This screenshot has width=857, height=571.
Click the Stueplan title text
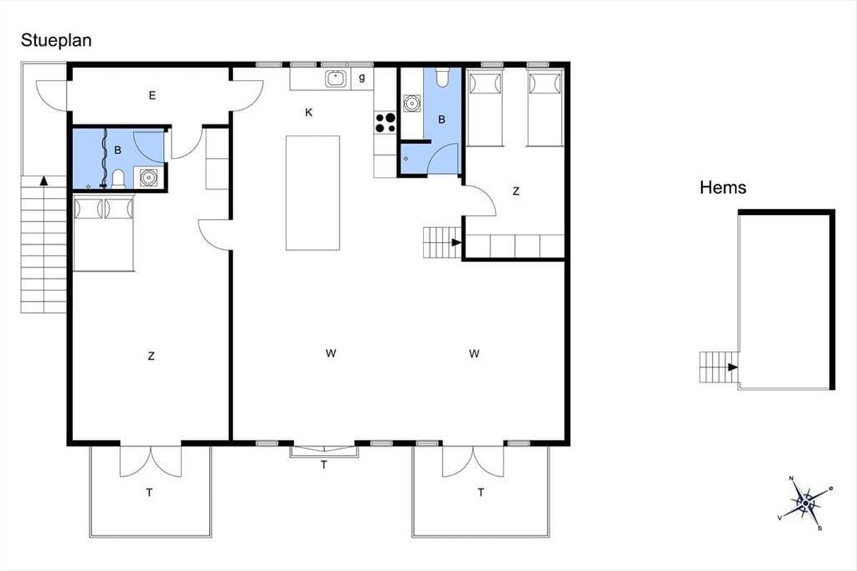coord(56,41)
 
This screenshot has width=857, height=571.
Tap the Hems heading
coord(723,188)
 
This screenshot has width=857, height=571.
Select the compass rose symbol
coord(806,503)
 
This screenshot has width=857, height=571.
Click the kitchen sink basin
coord(336,79)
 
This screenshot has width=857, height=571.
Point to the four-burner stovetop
coord(385,122)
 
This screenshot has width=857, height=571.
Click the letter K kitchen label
coord(309,113)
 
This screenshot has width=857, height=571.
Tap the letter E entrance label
coord(152,95)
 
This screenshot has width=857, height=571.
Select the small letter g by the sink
coord(361,78)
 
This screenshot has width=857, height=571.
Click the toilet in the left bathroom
coord(119,179)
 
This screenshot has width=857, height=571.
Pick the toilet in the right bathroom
coord(442,77)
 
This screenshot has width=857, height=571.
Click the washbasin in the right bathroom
coord(411,103)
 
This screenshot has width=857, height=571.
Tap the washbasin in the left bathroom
coord(149,178)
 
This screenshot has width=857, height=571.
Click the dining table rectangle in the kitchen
coord(313,193)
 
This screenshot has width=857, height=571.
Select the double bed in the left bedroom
coord(104,233)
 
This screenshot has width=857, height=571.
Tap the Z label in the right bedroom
coord(516,191)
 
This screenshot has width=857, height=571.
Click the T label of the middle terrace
coord(324,465)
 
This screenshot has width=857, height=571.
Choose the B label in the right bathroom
coord(442,120)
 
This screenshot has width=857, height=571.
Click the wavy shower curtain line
coord(105,158)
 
